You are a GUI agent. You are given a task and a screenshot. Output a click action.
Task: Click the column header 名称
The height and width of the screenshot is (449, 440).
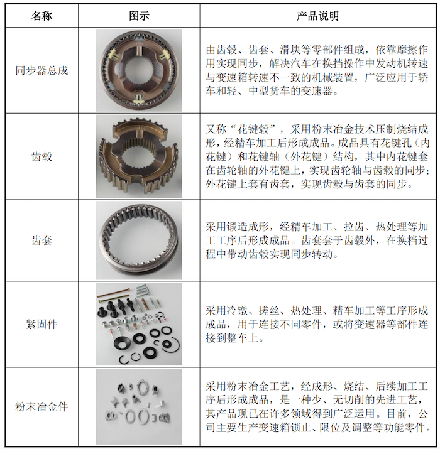click(41, 16)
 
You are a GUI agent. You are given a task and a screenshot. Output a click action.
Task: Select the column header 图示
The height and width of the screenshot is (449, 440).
click(139, 16)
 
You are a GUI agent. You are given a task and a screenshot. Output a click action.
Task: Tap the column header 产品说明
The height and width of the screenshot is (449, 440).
click(317, 16)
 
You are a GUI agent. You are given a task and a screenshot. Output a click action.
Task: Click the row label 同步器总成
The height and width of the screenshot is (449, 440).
click(41, 70)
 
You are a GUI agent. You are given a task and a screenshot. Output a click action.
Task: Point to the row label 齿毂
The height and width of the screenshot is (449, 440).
click(41, 156)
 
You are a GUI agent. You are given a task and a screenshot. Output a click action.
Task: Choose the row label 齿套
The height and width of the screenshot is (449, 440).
click(41, 241)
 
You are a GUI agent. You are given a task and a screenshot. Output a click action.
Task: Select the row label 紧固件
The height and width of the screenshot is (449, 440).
click(41, 324)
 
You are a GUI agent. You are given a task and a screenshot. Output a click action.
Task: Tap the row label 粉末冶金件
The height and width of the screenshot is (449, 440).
click(41, 406)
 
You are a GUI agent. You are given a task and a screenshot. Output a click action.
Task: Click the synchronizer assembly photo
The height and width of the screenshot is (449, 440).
click(139, 70)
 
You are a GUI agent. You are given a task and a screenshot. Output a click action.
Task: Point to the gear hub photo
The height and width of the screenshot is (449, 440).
click(139, 156)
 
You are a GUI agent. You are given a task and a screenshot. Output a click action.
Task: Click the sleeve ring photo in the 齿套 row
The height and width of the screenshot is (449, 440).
click(139, 241)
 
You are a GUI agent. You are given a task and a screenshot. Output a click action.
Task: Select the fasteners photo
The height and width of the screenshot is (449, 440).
click(139, 324)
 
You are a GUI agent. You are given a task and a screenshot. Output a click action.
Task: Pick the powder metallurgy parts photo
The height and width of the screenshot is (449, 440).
click(139, 406)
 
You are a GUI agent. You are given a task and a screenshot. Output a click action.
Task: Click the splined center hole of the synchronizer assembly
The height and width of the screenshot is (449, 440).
click(139, 70)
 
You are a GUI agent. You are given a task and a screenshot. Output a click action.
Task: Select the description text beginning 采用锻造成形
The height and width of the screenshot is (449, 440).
click(317, 241)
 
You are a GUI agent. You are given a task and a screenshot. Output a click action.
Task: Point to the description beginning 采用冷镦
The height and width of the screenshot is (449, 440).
click(317, 324)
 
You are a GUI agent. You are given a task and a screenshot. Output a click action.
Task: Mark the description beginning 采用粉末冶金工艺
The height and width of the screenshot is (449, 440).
click(318, 407)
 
